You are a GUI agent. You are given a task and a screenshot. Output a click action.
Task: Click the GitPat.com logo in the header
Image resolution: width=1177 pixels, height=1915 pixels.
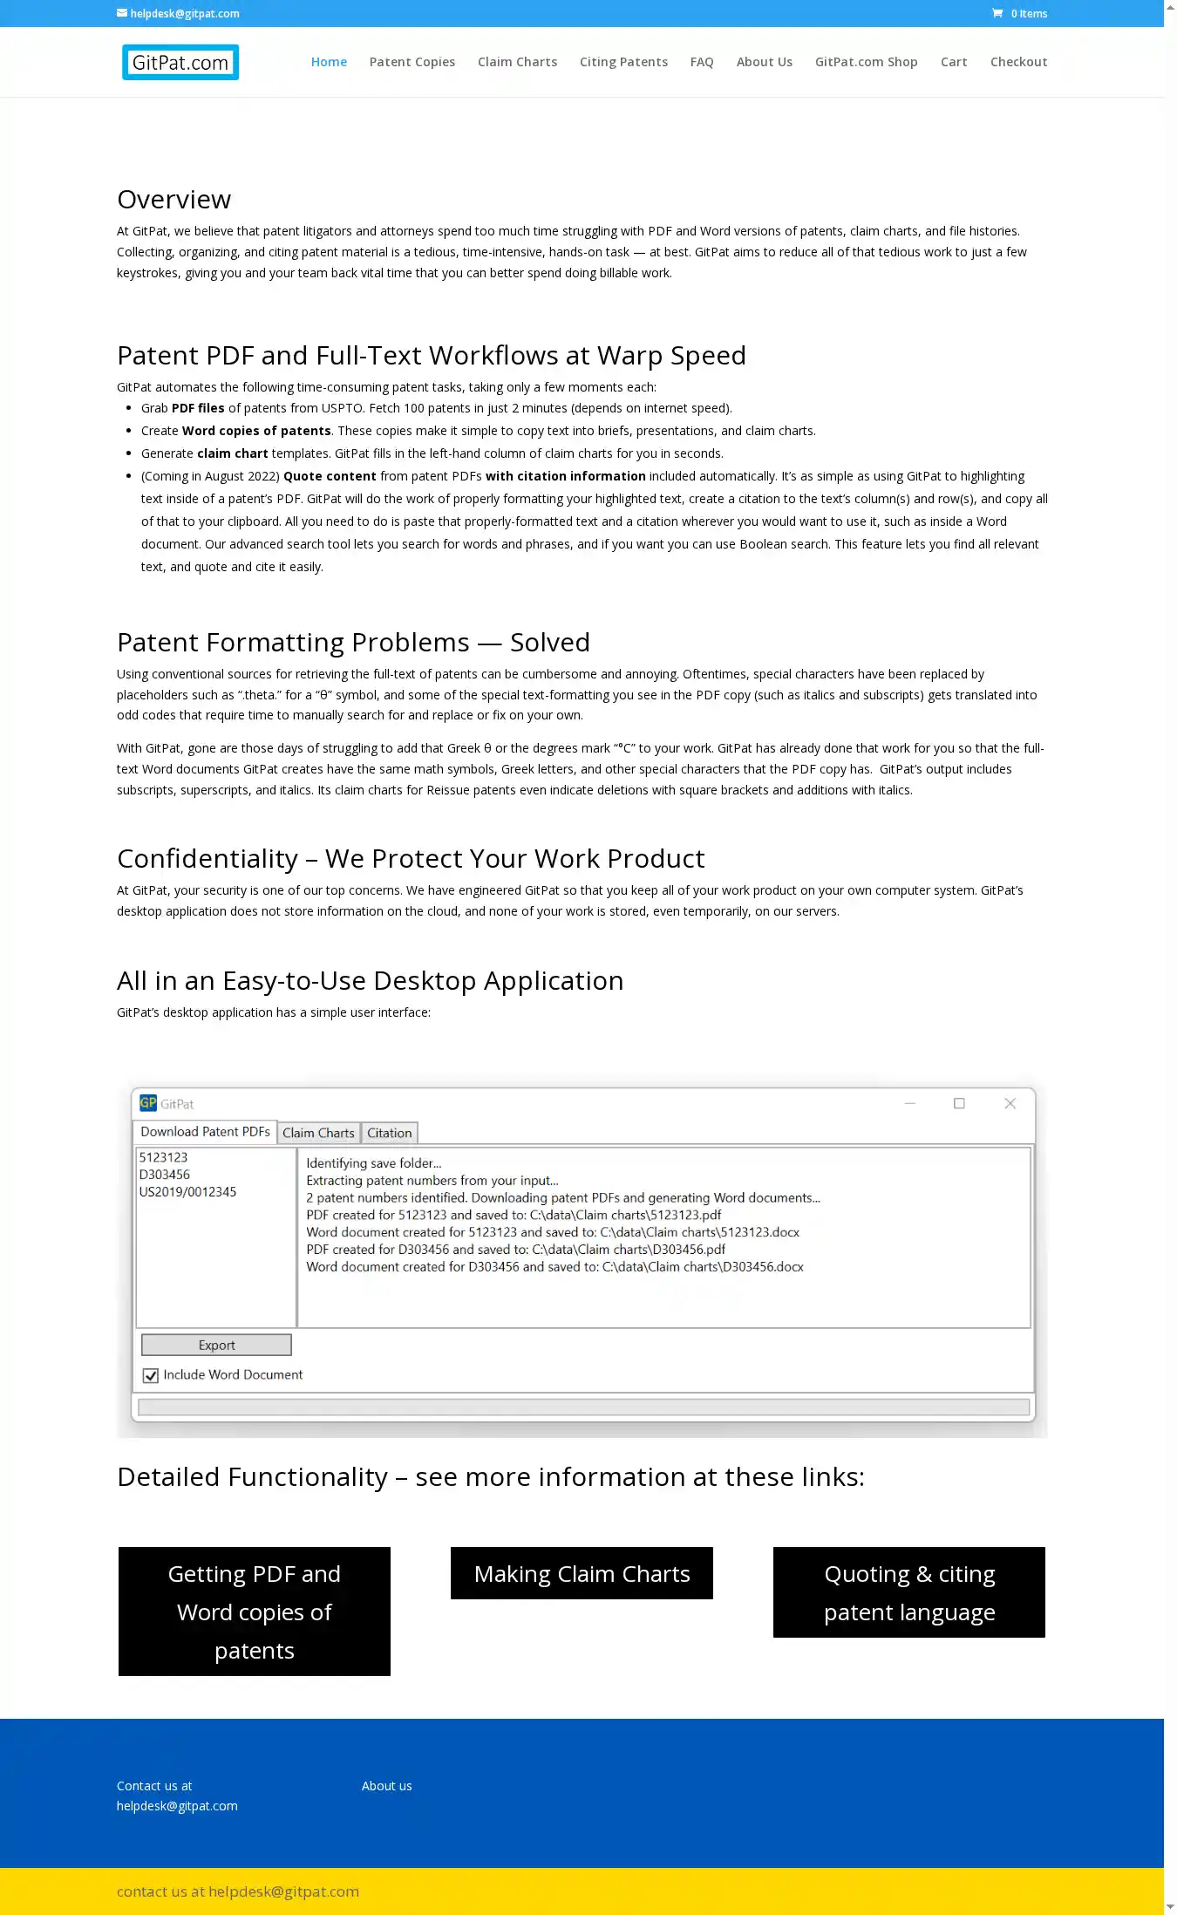click(x=180, y=63)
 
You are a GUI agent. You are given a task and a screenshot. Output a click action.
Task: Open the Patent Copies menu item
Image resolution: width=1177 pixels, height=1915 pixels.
click(x=412, y=62)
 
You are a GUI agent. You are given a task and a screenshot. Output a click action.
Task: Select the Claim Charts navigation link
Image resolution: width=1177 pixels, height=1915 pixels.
click(x=517, y=62)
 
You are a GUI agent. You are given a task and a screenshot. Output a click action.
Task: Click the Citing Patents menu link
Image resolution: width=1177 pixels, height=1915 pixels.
click(x=623, y=62)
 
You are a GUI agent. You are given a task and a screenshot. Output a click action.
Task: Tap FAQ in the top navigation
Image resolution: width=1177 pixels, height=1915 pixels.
click(x=702, y=62)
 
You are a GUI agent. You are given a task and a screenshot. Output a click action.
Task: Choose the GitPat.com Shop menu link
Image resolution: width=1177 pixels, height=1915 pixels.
click(x=866, y=62)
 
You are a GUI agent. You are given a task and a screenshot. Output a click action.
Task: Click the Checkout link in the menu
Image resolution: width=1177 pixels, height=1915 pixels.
click(x=1018, y=62)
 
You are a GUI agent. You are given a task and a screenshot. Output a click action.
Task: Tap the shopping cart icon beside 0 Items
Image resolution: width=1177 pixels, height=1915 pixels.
click(x=997, y=13)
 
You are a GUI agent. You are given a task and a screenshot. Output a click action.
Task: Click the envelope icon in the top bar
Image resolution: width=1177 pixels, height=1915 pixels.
click(x=122, y=13)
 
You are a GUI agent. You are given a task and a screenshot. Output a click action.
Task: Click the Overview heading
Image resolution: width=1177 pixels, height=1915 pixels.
click(x=174, y=200)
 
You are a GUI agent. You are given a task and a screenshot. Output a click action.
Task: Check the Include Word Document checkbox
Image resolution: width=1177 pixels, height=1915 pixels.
click(x=151, y=1375)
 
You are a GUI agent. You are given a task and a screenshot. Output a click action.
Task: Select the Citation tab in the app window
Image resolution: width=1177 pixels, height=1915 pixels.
click(x=389, y=1133)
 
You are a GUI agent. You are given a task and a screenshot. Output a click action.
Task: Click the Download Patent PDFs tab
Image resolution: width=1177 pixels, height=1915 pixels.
click(x=205, y=1132)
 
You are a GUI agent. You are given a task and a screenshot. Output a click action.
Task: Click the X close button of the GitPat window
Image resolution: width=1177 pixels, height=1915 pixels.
click(x=1010, y=1103)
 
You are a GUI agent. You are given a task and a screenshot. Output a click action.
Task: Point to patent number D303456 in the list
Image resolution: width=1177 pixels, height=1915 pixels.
click(x=165, y=1175)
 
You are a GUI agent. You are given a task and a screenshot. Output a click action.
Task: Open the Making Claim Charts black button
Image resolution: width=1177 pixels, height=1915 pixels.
click(x=582, y=1573)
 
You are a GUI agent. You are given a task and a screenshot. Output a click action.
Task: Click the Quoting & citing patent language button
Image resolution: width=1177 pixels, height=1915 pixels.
click(x=908, y=1592)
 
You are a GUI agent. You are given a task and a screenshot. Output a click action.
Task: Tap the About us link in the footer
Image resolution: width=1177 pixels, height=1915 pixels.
click(x=386, y=1786)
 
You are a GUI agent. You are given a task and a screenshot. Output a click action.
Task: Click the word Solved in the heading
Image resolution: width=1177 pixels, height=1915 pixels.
click(x=549, y=643)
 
